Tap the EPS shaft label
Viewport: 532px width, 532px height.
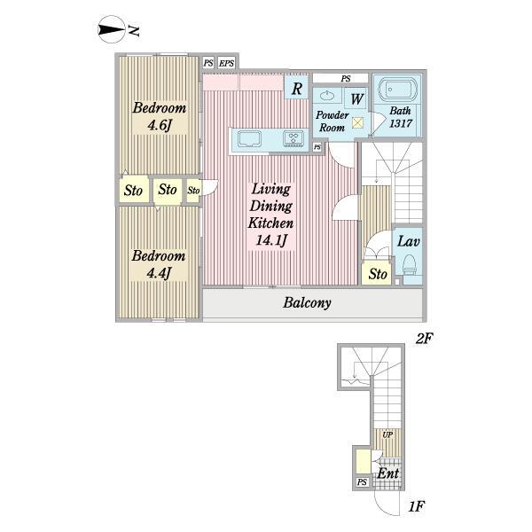click(x=226, y=63)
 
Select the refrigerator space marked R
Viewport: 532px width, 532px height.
click(x=296, y=89)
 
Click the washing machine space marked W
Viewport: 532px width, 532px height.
click(x=356, y=98)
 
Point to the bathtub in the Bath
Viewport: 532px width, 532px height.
click(x=397, y=90)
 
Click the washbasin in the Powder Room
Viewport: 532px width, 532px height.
click(x=326, y=96)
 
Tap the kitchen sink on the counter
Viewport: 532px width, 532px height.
click(x=249, y=139)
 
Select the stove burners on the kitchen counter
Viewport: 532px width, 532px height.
click(x=293, y=139)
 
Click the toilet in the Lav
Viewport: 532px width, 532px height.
click(x=410, y=265)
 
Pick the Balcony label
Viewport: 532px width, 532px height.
click(x=307, y=302)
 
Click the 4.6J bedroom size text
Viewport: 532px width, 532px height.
click(x=159, y=125)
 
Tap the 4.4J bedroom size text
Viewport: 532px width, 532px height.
click(x=159, y=273)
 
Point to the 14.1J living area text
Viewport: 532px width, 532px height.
click(x=271, y=240)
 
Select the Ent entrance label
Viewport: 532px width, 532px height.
click(x=388, y=473)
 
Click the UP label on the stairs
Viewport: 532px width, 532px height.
click(x=387, y=434)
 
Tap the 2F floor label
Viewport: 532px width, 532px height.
click(x=425, y=339)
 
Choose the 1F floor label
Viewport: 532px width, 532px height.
click(x=417, y=506)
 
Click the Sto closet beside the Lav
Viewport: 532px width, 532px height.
click(x=378, y=273)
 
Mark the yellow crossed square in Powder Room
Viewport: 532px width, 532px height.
click(x=357, y=122)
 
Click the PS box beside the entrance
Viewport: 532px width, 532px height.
click(x=362, y=481)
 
